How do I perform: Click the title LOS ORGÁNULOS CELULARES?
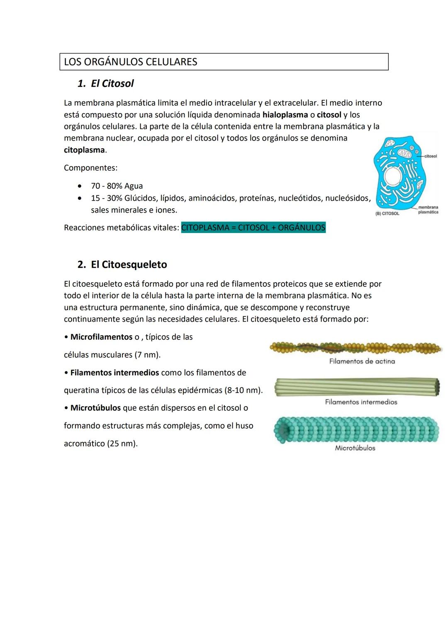point(131,62)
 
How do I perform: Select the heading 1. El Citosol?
point(106,83)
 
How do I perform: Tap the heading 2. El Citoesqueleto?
point(122,264)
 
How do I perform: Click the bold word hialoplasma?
point(285,115)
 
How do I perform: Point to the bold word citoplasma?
point(84,150)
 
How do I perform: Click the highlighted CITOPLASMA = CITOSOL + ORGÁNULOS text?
point(253,228)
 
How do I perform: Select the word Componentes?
point(90,168)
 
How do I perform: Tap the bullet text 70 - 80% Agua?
point(117,186)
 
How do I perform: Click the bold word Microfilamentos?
point(101,337)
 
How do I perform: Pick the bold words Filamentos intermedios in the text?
point(114,373)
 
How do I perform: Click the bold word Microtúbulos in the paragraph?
point(95,408)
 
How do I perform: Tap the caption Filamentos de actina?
point(362,361)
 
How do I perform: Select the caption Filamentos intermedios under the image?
point(361,402)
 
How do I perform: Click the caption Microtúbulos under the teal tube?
point(355,448)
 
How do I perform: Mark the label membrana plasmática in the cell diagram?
point(428,210)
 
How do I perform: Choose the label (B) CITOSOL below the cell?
point(387,213)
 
